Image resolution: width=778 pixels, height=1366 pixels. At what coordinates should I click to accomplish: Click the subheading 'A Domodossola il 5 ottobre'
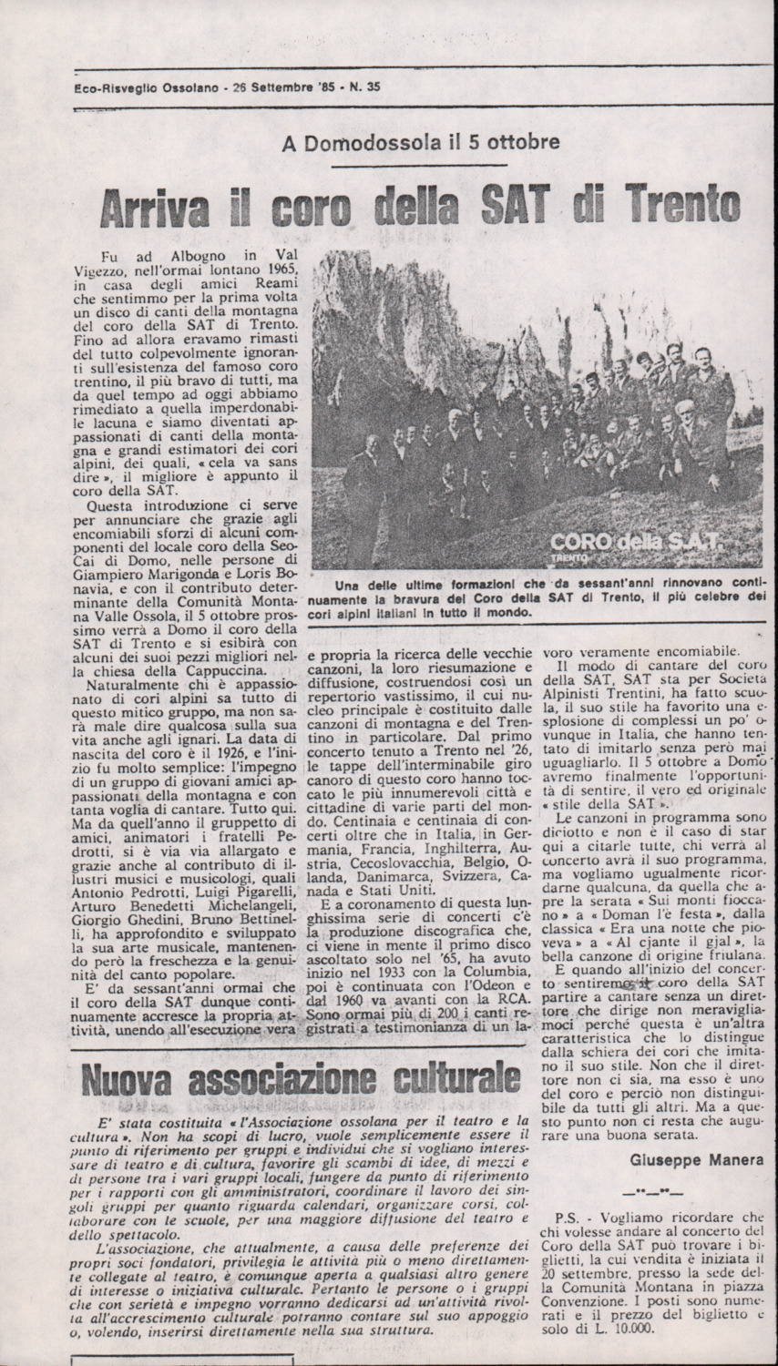coord(420,142)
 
